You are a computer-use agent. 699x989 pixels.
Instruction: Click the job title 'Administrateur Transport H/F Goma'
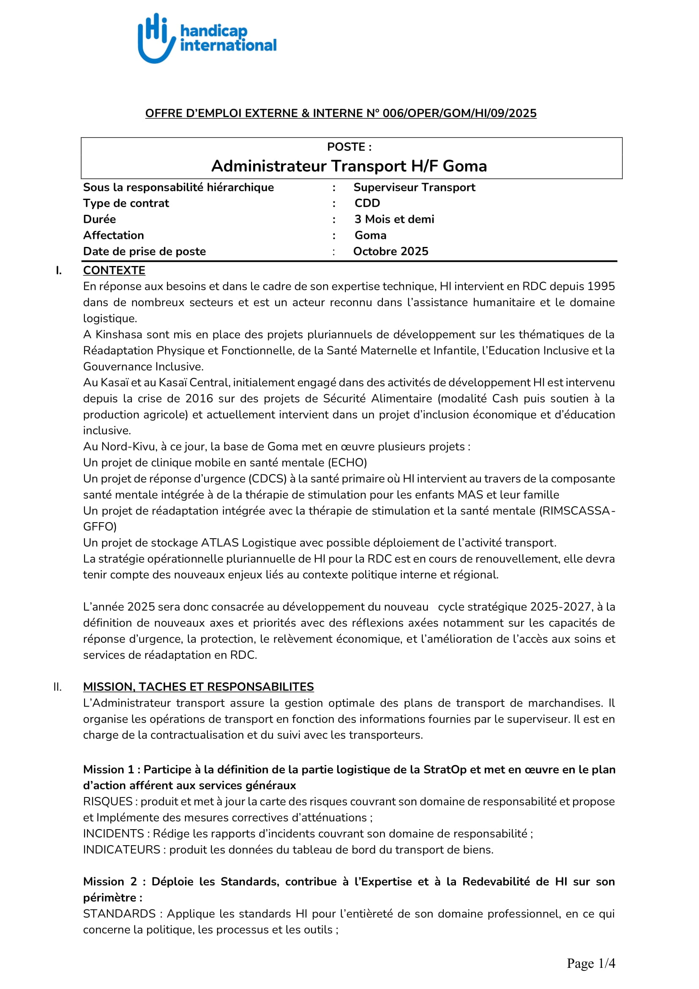pos(349,166)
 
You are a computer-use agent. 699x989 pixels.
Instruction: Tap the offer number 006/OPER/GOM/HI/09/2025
pos(459,113)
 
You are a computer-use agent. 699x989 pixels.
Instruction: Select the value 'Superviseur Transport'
pos(414,187)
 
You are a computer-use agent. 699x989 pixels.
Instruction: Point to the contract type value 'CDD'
pos(367,203)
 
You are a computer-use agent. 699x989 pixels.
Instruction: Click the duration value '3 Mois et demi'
pos(394,219)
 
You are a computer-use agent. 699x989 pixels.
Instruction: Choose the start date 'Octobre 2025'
pos(390,252)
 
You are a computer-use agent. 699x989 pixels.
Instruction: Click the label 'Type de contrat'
pos(126,203)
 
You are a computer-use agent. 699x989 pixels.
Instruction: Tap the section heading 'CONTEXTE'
pos(114,271)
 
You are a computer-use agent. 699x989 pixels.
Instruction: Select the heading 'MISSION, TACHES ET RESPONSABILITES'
pos(199,687)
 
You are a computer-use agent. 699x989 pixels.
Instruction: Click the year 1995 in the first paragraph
pos(601,286)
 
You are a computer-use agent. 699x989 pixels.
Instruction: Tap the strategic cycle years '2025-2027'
pos(560,607)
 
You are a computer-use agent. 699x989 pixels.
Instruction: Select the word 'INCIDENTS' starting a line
pos(113,834)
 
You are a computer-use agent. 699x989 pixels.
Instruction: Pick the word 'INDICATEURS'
pos(121,850)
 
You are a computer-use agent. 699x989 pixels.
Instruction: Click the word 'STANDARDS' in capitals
pos(119,914)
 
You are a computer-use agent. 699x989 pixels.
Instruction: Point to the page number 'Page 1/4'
pos(590,964)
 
